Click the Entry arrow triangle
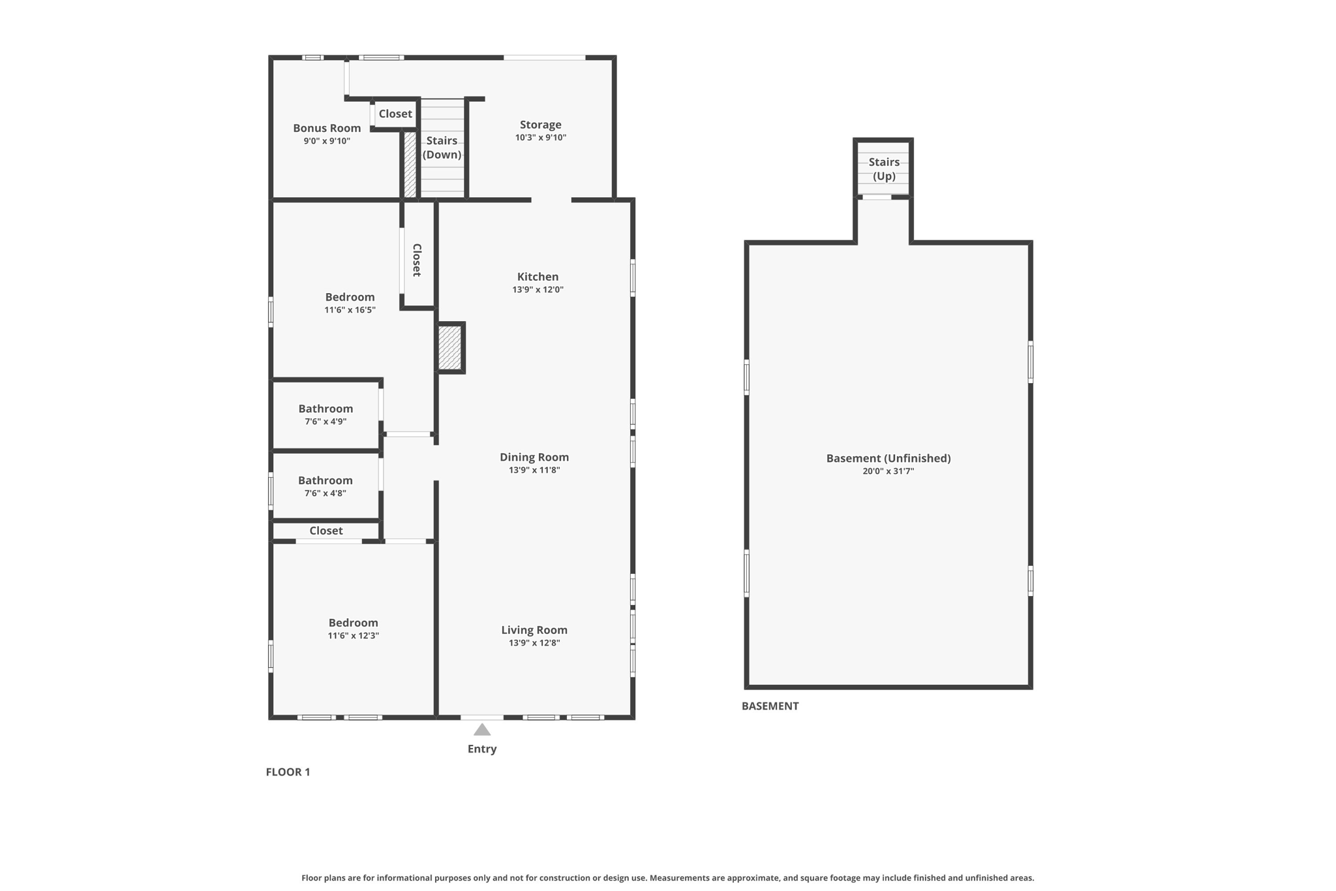(482, 730)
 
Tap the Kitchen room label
(538, 277)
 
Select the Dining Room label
(534, 458)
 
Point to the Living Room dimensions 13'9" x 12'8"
(534, 643)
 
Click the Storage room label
(540, 125)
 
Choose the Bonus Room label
(327, 129)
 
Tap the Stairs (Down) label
(442, 148)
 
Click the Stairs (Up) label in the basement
(883, 169)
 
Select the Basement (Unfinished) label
(888, 458)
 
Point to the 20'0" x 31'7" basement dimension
(888, 471)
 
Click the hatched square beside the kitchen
(449, 347)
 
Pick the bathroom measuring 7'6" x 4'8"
(326, 487)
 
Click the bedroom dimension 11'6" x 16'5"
(350, 310)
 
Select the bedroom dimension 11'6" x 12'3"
(353, 636)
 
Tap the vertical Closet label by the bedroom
(417, 260)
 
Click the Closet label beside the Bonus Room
(395, 114)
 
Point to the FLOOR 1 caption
(288, 772)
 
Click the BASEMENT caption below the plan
(770, 706)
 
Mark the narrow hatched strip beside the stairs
(410, 164)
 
